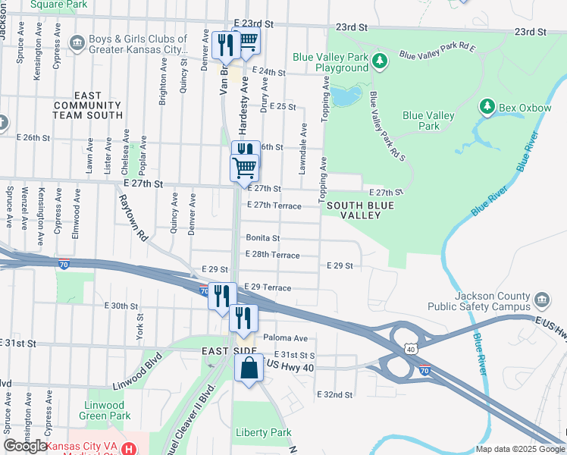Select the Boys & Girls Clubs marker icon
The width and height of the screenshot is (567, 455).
click(76, 45)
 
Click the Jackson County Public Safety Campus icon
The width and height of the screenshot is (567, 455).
click(542, 301)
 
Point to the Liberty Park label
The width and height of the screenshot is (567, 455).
click(264, 432)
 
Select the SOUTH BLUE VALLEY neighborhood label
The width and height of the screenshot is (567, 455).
click(353, 210)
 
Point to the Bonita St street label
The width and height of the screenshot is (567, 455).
click(262, 238)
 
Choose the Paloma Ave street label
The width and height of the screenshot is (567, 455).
click(285, 338)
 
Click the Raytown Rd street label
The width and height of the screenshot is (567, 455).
click(132, 216)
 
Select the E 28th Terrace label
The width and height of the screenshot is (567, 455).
click(272, 255)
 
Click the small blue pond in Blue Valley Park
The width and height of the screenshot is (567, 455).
click(345, 97)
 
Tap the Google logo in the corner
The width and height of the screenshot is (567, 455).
click(25, 446)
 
